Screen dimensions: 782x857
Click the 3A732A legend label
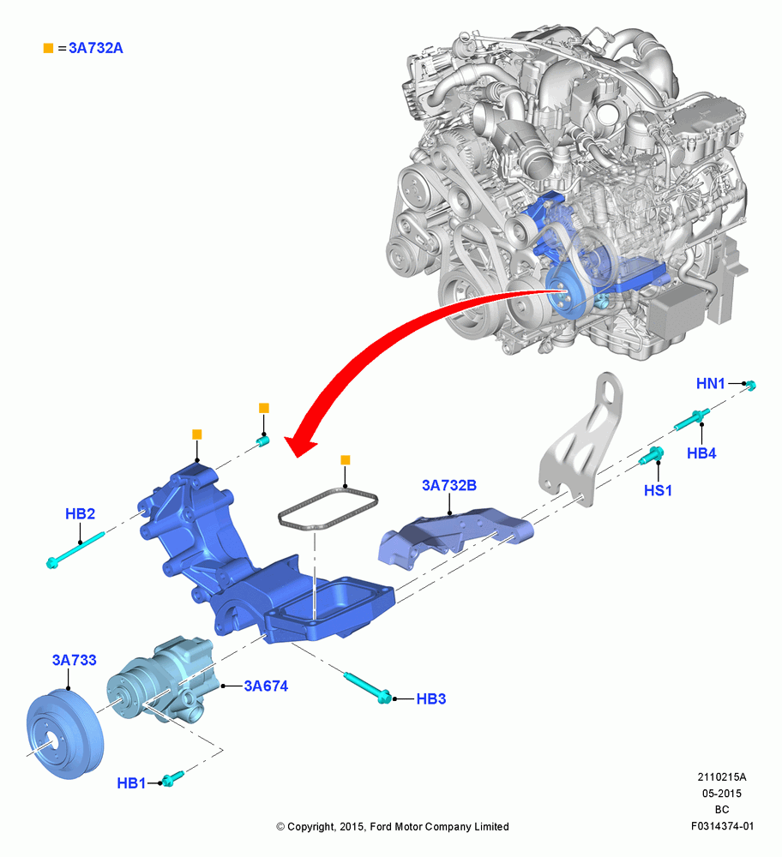click(96, 48)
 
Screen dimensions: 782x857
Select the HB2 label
click(80, 513)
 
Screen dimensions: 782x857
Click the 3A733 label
click(75, 660)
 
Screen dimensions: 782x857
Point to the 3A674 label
click(266, 686)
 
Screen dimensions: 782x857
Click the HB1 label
click(131, 783)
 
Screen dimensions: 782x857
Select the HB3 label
click(431, 698)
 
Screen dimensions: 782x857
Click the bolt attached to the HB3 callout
click(368, 687)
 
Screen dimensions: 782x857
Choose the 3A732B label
click(449, 485)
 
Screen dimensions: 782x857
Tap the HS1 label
click(658, 490)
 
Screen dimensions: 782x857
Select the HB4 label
click(701, 453)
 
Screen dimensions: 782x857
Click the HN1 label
click(710, 384)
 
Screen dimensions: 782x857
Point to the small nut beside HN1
click(751, 386)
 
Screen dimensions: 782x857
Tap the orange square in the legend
click(48, 48)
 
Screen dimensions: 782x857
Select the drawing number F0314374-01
click(722, 826)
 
